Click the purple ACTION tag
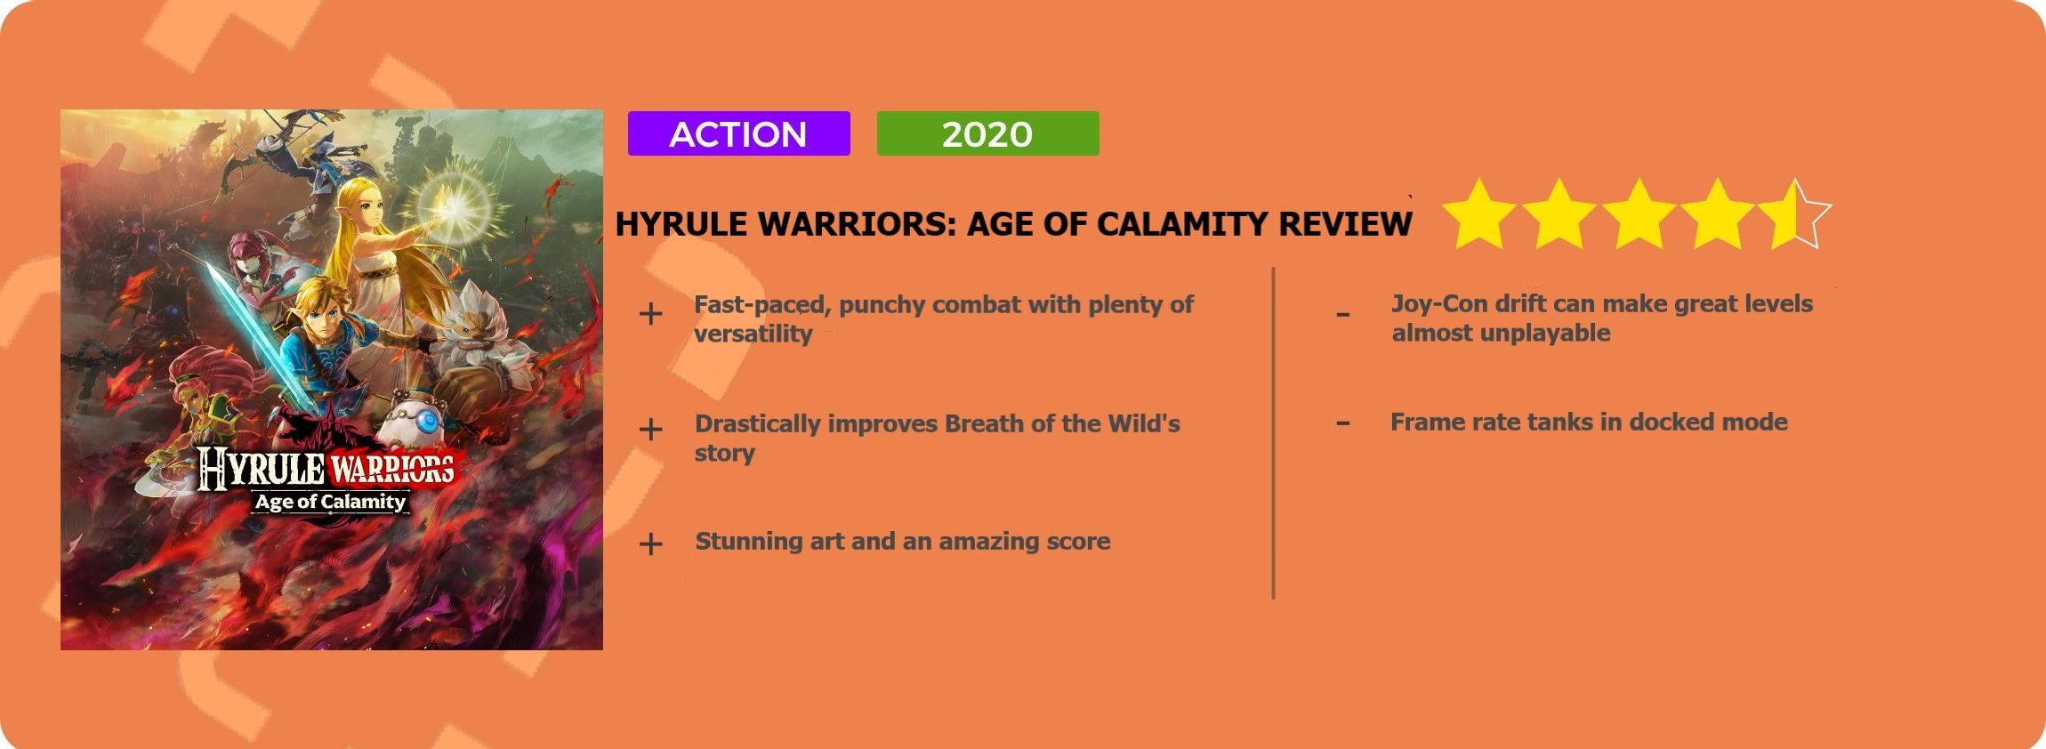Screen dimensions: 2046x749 tap(738, 133)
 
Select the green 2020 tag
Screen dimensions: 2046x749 tap(987, 133)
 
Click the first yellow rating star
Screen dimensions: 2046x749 tap(1479, 214)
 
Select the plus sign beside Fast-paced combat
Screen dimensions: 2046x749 tap(651, 314)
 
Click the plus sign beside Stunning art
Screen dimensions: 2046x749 tap(651, 544)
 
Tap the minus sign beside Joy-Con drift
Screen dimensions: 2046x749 tap(1343, 315)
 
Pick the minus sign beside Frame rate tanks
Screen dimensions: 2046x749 tap(1343, 423)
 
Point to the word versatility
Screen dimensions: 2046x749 tap(753, 334)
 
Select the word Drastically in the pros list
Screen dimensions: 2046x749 tap(758, 424)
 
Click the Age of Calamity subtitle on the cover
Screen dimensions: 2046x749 tap(330, 502)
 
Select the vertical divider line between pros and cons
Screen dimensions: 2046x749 tap(1274, 432)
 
